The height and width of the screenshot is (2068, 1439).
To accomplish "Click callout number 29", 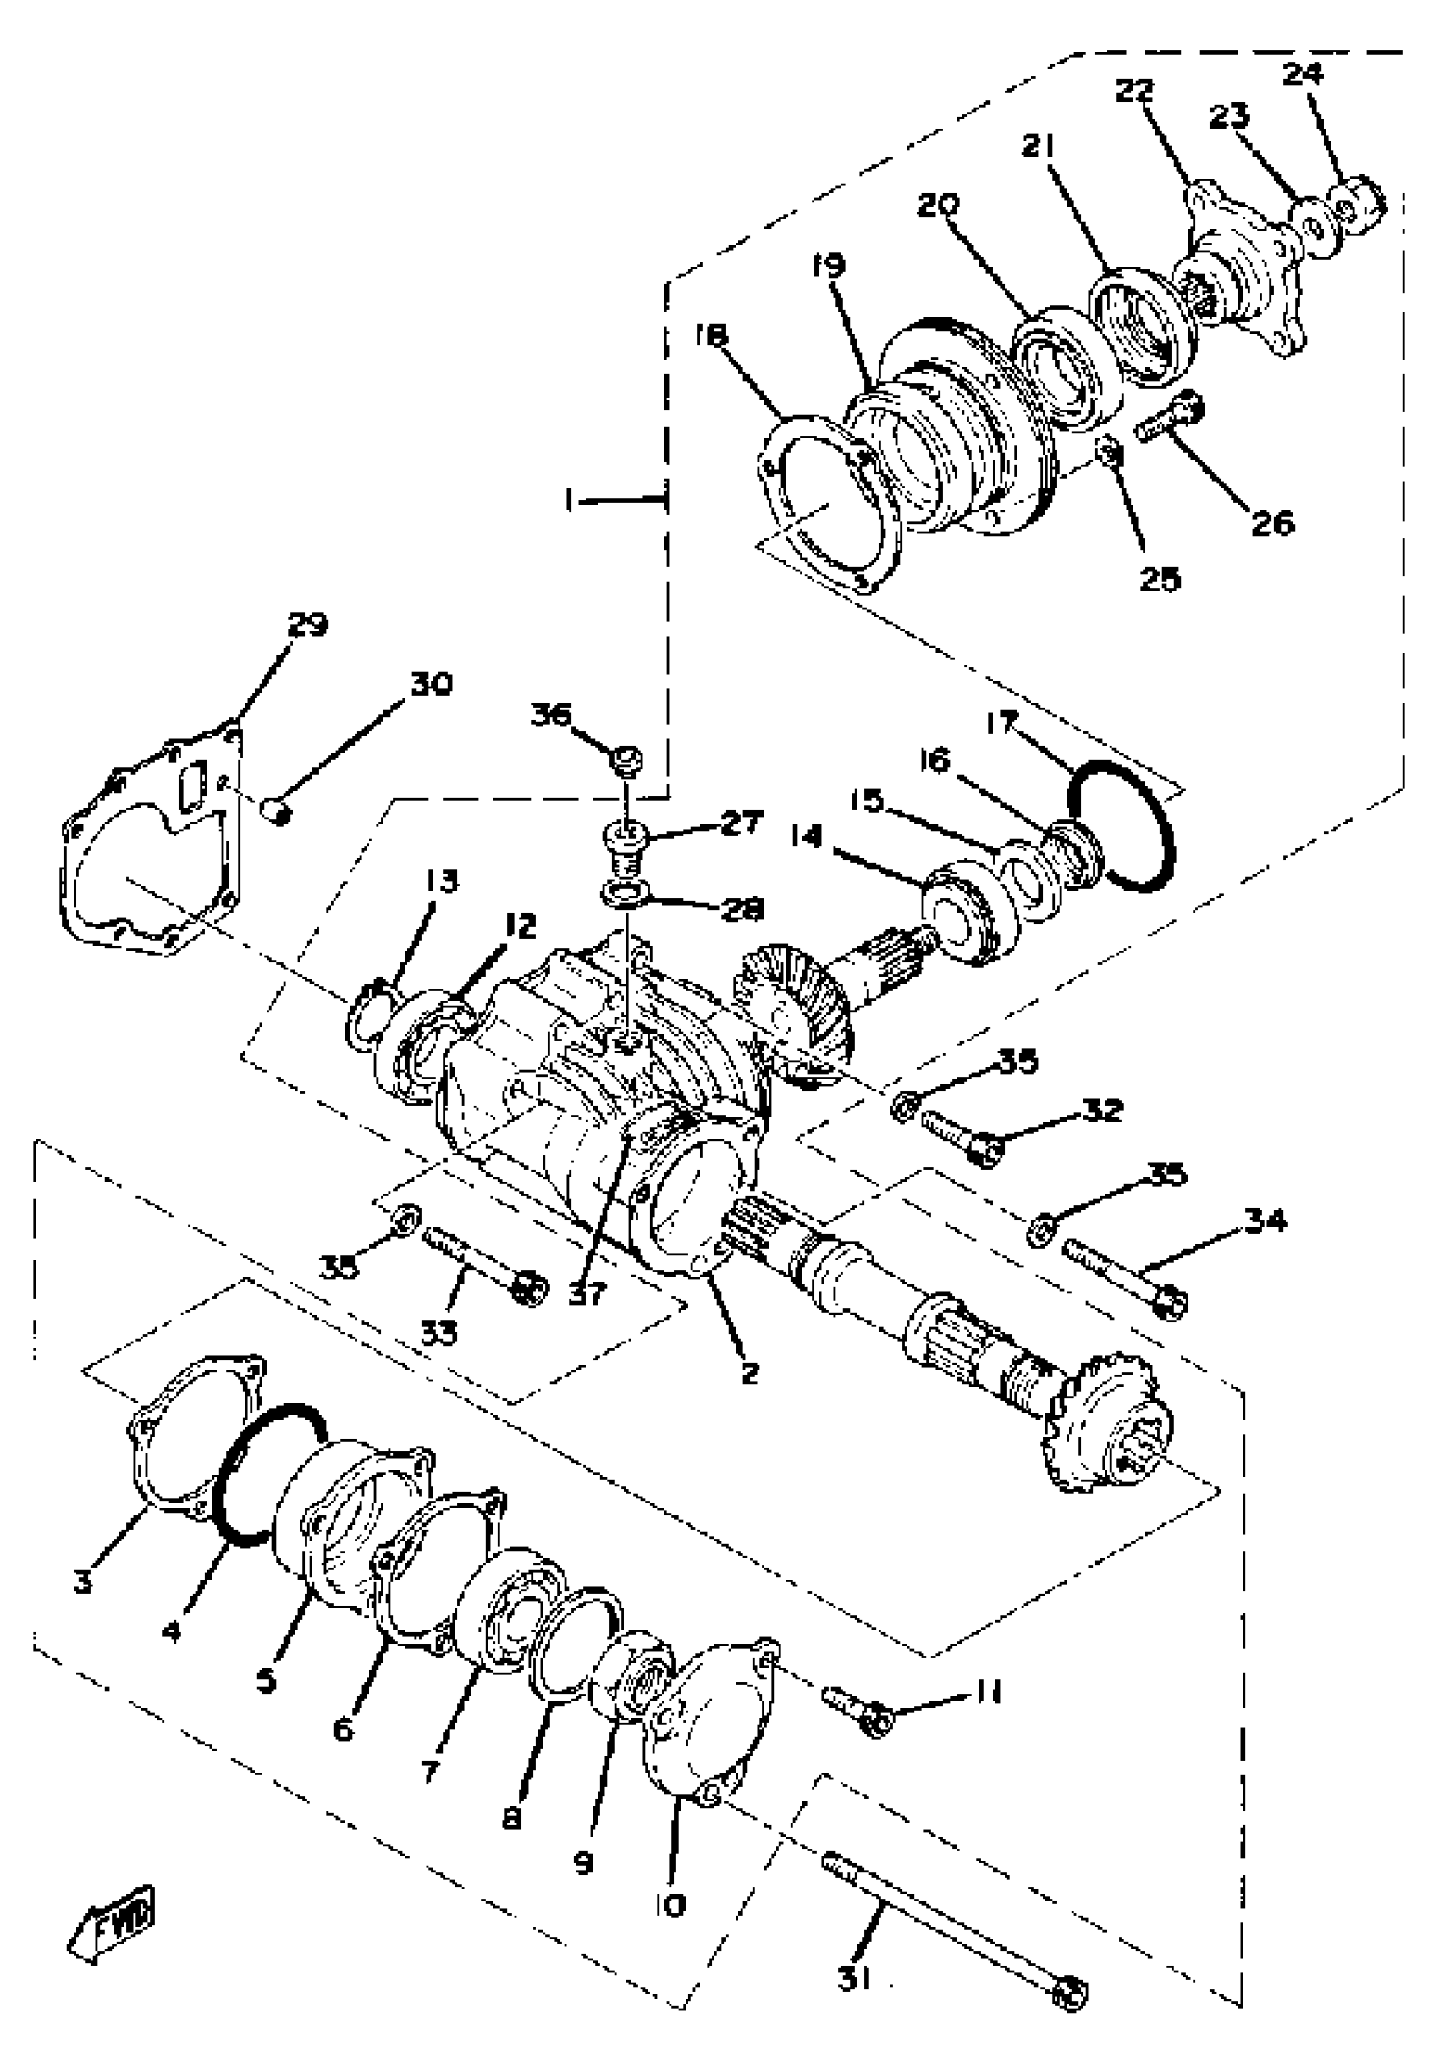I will pos(308,623).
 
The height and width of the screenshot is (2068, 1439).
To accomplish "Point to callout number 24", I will pos(1302,73).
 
